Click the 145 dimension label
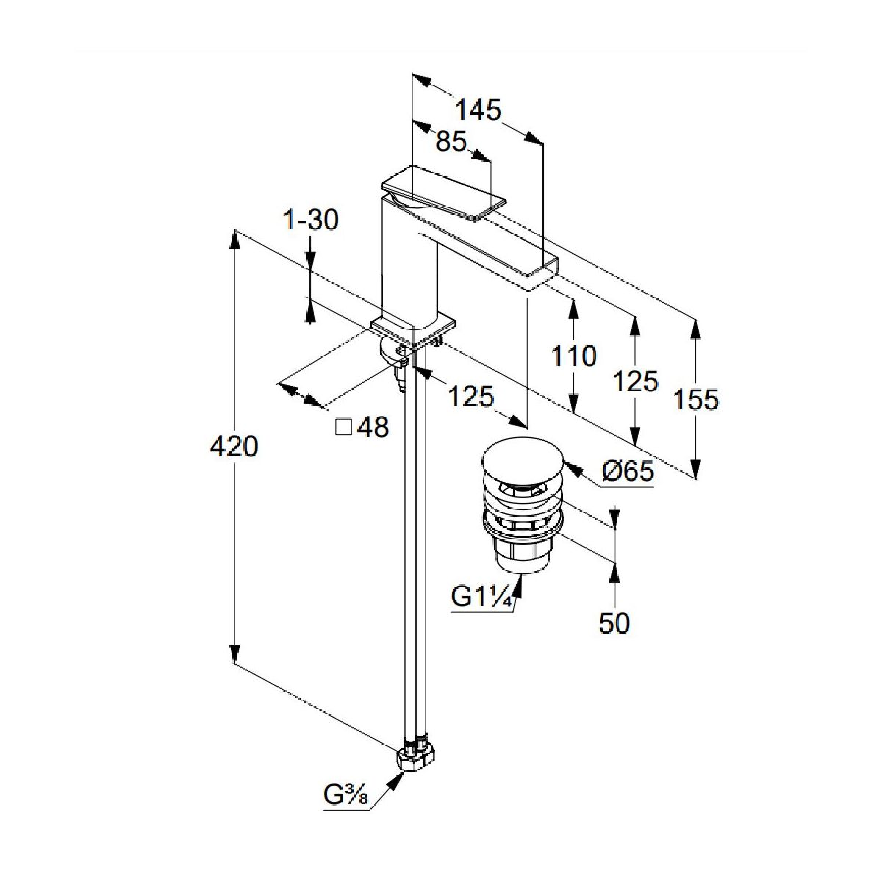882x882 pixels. (x=478, y=110)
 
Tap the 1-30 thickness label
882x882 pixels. (x=312, y=219)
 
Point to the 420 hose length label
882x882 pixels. (x=234, y=446)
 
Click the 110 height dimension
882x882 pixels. (x=573, y=356)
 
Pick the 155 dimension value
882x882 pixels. (x=696, y=400)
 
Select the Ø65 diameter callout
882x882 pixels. (x=627, y=471)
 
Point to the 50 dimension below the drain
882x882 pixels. (x=614, y=623)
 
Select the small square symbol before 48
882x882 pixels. (x=343, y=426)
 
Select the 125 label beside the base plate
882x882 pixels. (x=471, y=398)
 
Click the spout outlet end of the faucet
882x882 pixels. (x=547, y=268)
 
